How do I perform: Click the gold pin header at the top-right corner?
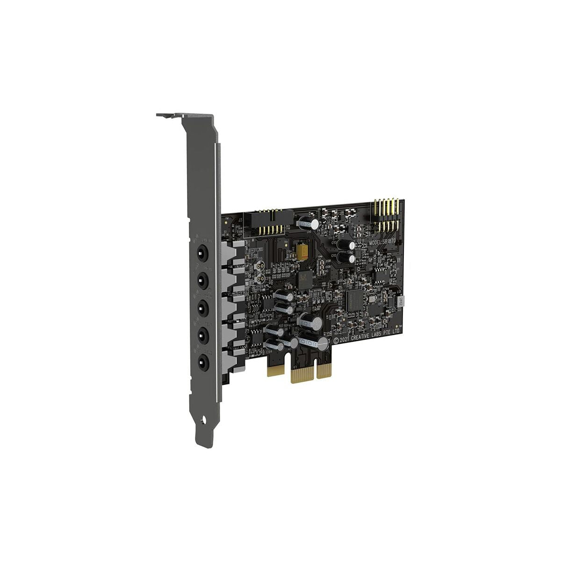(x=386, y=216)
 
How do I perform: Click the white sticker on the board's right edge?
(x=401, y=302)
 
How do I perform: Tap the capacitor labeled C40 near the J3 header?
(x=313, y=224)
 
